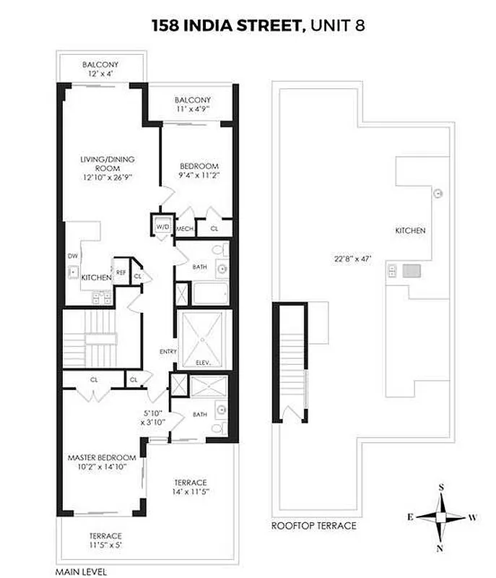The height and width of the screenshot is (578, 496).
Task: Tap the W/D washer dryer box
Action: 161,228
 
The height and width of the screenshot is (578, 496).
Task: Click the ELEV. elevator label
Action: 203,363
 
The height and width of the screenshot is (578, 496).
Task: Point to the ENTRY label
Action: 169,352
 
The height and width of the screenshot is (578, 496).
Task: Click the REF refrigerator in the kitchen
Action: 121,272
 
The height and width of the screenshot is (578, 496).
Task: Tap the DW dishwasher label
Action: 71,256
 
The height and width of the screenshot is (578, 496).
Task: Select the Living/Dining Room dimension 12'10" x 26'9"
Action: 107,176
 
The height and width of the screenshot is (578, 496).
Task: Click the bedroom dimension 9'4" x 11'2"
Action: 198,175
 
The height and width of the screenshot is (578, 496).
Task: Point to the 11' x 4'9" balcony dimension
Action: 192,111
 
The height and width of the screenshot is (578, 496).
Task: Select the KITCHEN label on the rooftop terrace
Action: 409,231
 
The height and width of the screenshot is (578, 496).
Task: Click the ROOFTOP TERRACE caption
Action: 313,526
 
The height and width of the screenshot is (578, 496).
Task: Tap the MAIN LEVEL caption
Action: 80,571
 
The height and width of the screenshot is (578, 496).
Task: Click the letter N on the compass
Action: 440,549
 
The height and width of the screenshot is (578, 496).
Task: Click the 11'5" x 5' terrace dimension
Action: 100,546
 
